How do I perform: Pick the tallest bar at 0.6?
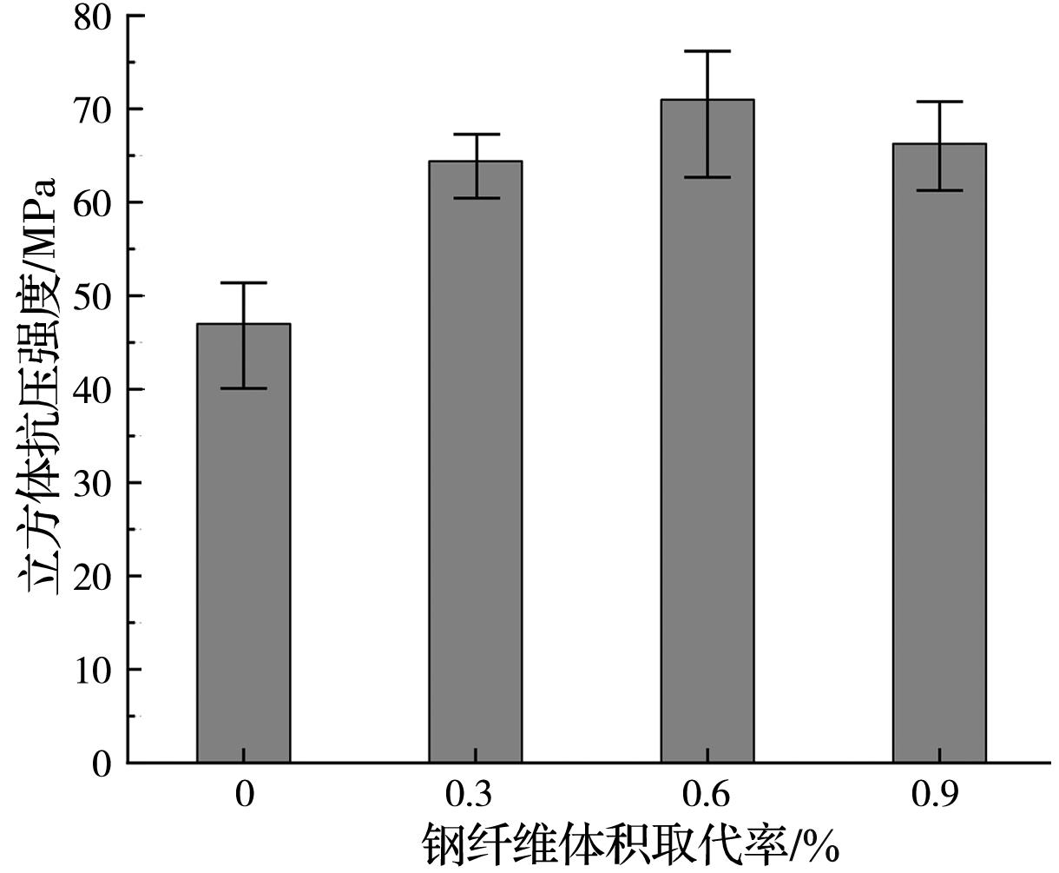coord(707,434)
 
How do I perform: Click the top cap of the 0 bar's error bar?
coord(243,283)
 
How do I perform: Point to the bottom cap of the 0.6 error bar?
coord(707,177)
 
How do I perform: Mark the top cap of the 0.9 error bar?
coord(939,102)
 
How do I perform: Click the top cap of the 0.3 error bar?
coord(475,135)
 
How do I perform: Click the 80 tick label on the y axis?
coord(94,17)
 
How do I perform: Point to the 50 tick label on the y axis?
coord(94,296)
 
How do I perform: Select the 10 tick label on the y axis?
coord(94,670)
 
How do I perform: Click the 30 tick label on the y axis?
coord(94,483)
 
